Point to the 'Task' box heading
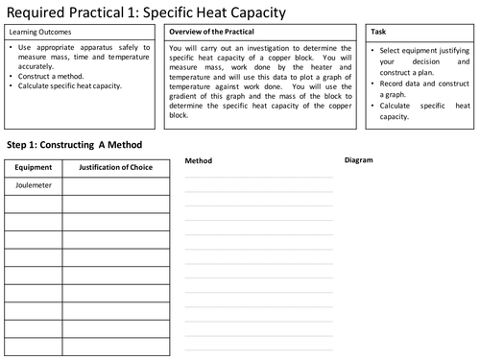click(x=379, y=32)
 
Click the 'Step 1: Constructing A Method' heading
click(x=74, y=144)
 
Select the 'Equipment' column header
click(x=33, y=168)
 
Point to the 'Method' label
click(x=198, y=160)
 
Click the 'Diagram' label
click(x=358, y=159)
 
